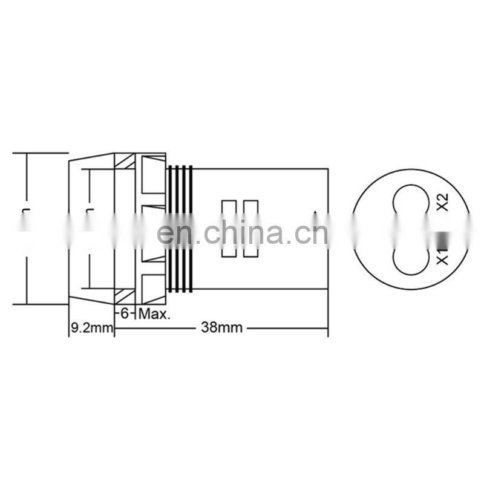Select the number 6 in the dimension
click(125, 314)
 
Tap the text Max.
click(155, 314)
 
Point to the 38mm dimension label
click(221, 328)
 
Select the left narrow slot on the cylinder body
click(229, 229)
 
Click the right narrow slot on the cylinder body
click(249, 229)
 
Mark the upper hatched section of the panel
click(125, 162)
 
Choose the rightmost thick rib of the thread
click(191, 229)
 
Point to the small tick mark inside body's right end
click(316, 212)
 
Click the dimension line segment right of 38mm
click(287, 329)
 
